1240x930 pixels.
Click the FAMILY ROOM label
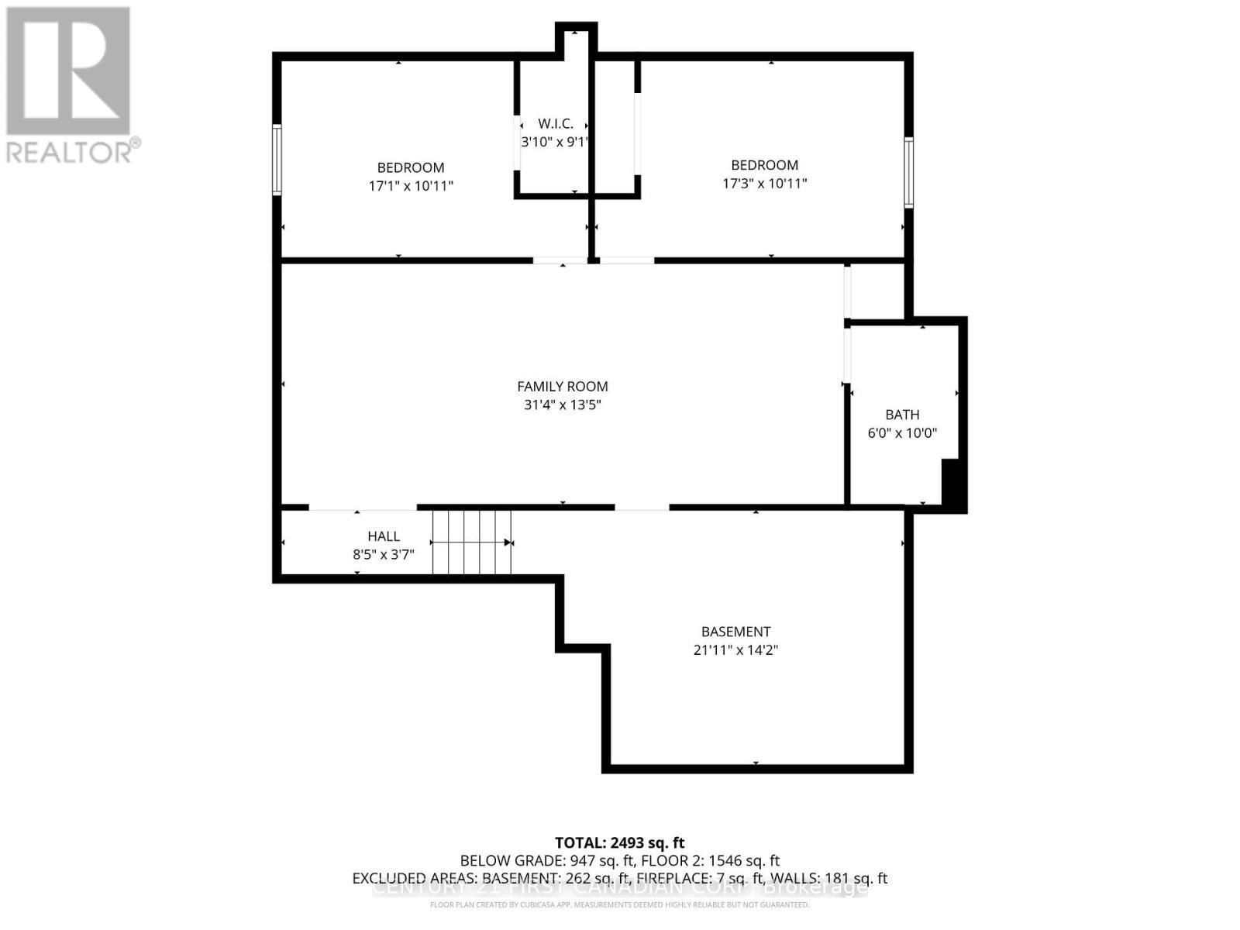click(x=563, y=386)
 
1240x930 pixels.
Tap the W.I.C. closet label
click(x=555, y=124)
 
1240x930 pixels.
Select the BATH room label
click(x=902, y=415)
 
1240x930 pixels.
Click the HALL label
click(x=384, y=536)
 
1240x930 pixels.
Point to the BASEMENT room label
click(x=735, y=632)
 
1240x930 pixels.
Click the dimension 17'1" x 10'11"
click(x=411, y=186)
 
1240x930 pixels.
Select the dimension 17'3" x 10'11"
click(x=765, y=184)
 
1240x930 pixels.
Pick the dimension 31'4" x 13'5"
click(x=563, y=405)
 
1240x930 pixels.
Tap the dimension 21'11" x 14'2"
click(x=735, y=650)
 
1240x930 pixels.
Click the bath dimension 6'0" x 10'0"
click(x=902, y=433)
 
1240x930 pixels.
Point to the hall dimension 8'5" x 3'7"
click(x=384, y=555)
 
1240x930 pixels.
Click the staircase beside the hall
click(x=471, y=542)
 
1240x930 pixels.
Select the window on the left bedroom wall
click(x=276, y=160)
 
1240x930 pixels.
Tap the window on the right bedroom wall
click(x=909, y=172)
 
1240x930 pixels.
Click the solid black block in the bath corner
click(x=952, y=484)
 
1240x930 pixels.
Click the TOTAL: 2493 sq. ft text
click(x=620, y=842)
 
